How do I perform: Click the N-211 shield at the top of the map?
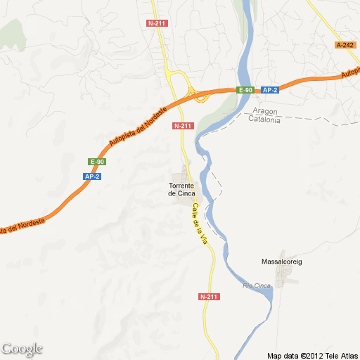point(157,23)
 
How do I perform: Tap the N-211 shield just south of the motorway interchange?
point(183,126)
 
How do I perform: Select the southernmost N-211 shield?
point(209,297)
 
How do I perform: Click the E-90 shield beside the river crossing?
point(245,90)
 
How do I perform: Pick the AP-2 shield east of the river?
point(271,90)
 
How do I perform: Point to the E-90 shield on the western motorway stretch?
point(97,162)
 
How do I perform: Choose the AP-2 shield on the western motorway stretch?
point(92,176)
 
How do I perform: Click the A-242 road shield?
point(345,45)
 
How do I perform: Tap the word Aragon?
point(266,112)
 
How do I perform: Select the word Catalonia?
point(264,120)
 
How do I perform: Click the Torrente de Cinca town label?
point(182,190)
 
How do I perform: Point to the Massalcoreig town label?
point(281,262)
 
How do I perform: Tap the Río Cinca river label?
point(257,285)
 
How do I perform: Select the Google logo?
point(22,349)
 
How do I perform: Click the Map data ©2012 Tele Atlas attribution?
point(313,354)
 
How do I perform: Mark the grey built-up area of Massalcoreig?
point(287,276)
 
